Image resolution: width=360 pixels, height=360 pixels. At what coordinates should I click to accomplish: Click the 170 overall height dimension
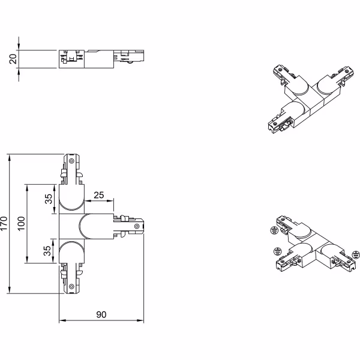(x=5, y=224)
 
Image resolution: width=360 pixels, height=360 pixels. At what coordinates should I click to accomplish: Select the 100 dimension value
(x=22, y=224)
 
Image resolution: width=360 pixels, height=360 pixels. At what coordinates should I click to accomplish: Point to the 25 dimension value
(x=99, y=194)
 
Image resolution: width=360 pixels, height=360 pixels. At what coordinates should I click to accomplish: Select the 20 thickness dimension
(x=13, y=58)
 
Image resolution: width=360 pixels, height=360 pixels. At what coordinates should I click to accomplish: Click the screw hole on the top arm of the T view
(x=71, y=161)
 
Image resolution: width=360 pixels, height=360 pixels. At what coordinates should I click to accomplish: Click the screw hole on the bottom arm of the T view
(x=71, y=287)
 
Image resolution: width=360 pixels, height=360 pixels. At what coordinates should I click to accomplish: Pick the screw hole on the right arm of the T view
(x=137, y=226)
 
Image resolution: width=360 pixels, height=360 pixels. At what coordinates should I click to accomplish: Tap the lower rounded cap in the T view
(x=71, y=251)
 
